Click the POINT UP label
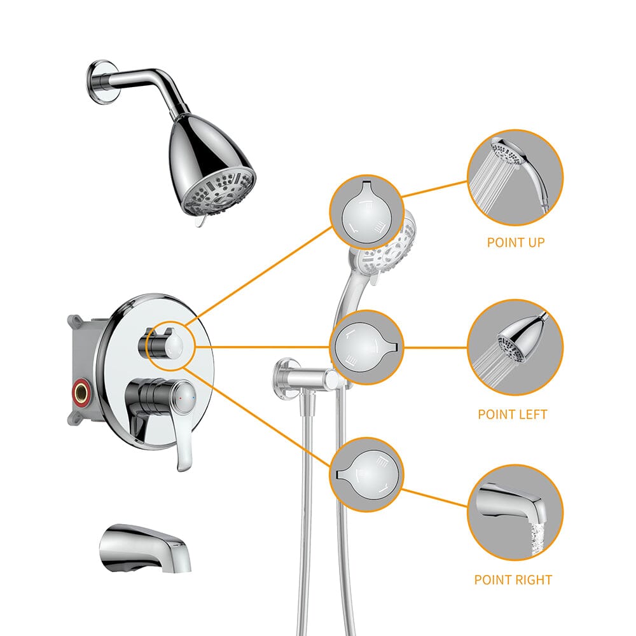pos(515,242)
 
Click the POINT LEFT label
pos(512,414)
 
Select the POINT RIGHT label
pos(513,579)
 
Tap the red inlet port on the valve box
pos(81,386)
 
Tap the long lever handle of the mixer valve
pos(185,439)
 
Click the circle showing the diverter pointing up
pos(367,212)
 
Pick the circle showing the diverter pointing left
pos(367,347)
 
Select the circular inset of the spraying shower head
pos(515,347)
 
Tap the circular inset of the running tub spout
pos(515,512)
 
